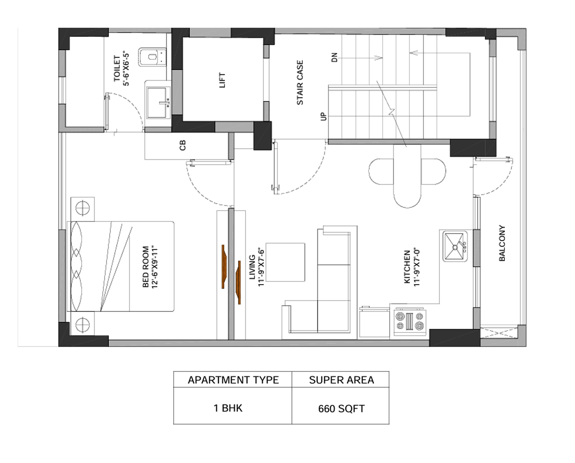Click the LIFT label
222,80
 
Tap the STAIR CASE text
300,82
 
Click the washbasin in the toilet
158,102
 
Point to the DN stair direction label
335,57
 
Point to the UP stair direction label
323,116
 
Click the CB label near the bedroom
183,145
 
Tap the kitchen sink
455,246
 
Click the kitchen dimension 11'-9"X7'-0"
417,267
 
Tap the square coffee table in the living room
285,262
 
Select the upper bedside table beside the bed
83,208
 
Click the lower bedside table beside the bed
83,324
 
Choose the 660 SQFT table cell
341,408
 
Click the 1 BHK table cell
228,408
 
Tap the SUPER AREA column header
341,380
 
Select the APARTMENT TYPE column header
233,380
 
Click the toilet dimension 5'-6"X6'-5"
126,70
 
